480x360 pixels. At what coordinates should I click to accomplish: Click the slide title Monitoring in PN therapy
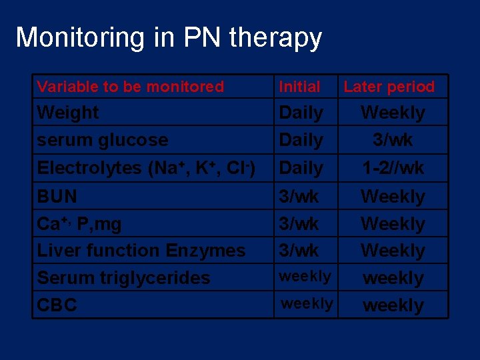(169, 38)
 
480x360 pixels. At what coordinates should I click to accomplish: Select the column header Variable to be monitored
(131, 87)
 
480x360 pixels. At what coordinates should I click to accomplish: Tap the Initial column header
(299, 87)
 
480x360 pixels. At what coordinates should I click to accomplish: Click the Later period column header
(389, 87)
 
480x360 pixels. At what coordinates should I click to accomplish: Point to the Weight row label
(68, 113)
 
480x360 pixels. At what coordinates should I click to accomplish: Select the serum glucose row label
(103, 140)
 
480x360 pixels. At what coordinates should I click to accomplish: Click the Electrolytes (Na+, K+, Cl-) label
(146, 168)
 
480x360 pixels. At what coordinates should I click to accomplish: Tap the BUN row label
(57, 197)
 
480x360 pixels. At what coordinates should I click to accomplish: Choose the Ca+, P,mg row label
(79, 224)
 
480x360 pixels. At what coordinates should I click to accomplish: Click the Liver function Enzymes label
(141, 251)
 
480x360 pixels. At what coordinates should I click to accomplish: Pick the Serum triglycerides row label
(123, 278)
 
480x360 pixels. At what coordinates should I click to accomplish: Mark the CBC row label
(57, 305)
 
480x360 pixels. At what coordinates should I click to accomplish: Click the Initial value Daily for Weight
(301, 113)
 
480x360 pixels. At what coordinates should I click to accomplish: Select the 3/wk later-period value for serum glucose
(393, 140)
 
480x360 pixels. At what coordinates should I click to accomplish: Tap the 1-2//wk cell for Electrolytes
(393, 168)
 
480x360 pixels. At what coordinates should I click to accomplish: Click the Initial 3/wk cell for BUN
(299, 197)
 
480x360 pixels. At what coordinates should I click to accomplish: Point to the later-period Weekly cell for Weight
(393, 113)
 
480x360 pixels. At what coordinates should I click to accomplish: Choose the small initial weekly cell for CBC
(307, 304)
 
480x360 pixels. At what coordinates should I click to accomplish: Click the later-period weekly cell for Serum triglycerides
(393, 278)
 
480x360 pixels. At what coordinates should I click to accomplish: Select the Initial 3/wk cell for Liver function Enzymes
(299, 251)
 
